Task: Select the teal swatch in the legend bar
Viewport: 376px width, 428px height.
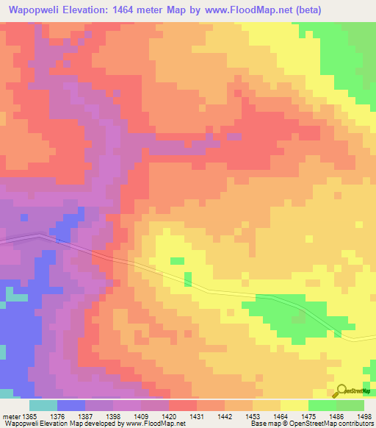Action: (x=43, y=405)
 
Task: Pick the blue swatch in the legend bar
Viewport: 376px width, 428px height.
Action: (x=71, y=405)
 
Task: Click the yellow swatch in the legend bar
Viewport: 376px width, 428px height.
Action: (x=294, y=405)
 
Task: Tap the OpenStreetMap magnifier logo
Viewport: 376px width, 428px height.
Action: (x=343, y=390)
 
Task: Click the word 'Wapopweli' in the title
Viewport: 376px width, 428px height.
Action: (x=36, y=10)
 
